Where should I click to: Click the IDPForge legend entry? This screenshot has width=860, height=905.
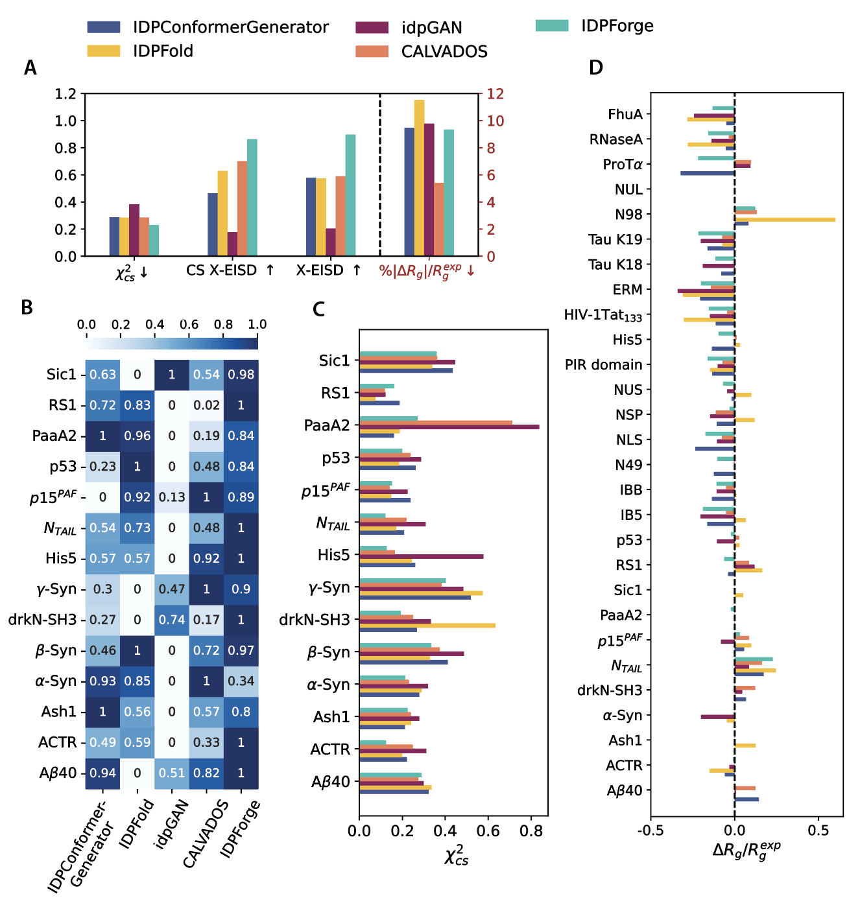[617, 26]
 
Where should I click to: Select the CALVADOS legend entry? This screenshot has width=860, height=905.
[444, 52]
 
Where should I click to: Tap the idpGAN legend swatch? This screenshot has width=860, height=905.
[372, 28]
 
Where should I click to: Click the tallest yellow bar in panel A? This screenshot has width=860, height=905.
[419, 178]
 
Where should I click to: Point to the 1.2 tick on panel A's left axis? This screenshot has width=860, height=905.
[66, 94]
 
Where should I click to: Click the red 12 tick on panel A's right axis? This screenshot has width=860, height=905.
[496, 94]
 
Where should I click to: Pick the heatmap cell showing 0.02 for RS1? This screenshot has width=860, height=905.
[206, 405]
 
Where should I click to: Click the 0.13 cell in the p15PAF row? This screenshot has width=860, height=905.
[172, 497]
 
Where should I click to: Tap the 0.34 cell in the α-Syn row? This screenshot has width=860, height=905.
[241, 681]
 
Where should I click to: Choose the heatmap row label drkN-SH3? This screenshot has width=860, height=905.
[43, 620]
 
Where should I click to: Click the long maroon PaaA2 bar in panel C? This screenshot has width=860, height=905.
[449, 427]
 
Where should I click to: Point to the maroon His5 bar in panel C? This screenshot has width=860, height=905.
[421, 556]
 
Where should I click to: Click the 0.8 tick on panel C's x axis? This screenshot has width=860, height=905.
[531, 831]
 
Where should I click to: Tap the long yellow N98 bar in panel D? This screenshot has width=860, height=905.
[785, 220]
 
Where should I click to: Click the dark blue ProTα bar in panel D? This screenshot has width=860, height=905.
[707, 173]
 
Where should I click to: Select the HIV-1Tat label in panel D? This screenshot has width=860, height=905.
[603, 316]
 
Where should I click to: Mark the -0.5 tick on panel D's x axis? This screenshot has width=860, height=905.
[651, 831]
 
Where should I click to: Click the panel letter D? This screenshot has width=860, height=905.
[595, 68]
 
